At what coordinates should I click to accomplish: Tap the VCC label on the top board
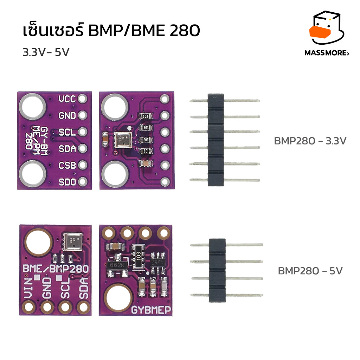(67, 99)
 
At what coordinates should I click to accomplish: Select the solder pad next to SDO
(83, 181)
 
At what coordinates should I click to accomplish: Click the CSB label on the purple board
(67, 165)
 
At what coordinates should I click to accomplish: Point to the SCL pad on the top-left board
(83, 132)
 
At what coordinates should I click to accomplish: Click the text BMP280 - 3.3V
(310, 141)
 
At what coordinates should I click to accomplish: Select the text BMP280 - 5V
(310, 271)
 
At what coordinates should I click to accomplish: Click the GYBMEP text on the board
(151, 310)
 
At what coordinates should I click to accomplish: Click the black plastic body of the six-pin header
(216, 140)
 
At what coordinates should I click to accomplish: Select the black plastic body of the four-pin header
(217, 270)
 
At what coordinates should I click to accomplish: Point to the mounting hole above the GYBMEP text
(120, 294)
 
